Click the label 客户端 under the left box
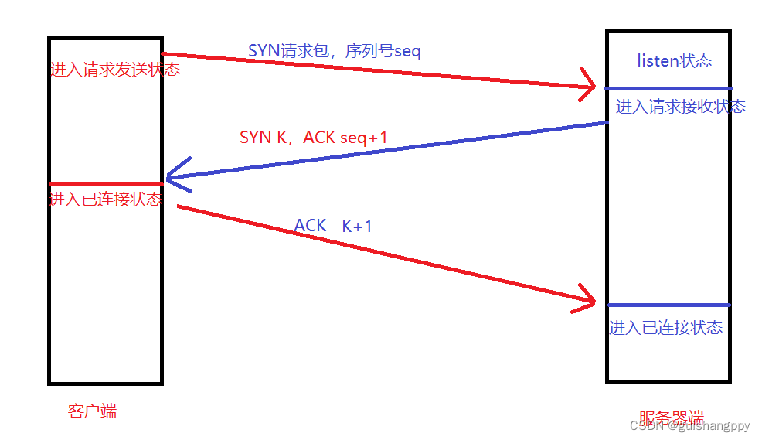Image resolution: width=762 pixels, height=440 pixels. pos(92,411)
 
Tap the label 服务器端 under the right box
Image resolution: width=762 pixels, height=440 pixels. pos(672,417)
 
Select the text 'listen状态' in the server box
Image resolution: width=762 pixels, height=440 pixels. pos(674,61)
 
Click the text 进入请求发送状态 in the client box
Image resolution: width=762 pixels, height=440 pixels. pos(114,70)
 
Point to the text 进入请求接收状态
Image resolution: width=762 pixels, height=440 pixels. pos(680,107)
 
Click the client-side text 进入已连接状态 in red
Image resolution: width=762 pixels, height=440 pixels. pos(106,200)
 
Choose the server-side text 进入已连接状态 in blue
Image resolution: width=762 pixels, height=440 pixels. pos(665,328)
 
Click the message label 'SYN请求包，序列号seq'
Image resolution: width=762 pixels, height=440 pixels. pos(334,51)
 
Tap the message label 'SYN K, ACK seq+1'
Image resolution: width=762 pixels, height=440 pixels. pos(313,138)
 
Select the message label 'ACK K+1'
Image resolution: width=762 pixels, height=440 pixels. pos(333,226)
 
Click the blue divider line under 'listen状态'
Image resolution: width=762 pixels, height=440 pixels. pos(668,88)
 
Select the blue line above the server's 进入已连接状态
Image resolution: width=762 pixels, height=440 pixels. pos(668,305)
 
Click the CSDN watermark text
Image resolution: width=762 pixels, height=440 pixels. pos(689,425)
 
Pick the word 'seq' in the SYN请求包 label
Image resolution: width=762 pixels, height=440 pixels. pos(407,51)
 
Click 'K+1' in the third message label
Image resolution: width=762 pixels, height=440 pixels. pos(357,226)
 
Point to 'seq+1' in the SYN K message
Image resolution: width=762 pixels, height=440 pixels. pos(363,138)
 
